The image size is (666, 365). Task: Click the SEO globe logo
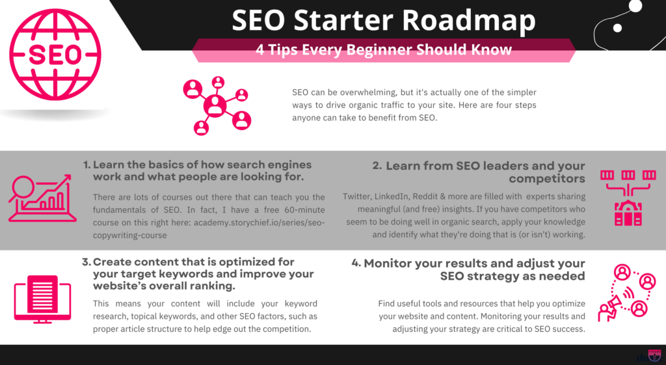(x=55, y=55)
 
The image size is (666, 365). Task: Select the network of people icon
(x=217, y=106)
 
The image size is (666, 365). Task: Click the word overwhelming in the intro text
(x=369, y=92)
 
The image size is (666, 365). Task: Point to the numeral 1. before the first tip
(x=87, y=165)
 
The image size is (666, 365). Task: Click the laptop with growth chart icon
(x=42, y=198)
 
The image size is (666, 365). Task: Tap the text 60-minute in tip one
(x=304, y=210)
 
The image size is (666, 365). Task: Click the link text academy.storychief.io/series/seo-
(x=259, y=223)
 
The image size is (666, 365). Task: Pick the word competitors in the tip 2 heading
(x=546, y=179)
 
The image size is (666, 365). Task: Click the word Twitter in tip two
(x=356, y=196)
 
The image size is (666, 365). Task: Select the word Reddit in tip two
(x=426, y=196)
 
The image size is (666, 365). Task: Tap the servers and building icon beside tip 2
(x=628, y=198)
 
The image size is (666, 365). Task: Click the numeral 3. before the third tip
(x=87, y=262)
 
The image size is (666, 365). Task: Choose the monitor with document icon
(x=42, y=299)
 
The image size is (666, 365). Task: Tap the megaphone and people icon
(x=626, y=293)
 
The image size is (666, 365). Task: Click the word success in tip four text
(x=570, y=329)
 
